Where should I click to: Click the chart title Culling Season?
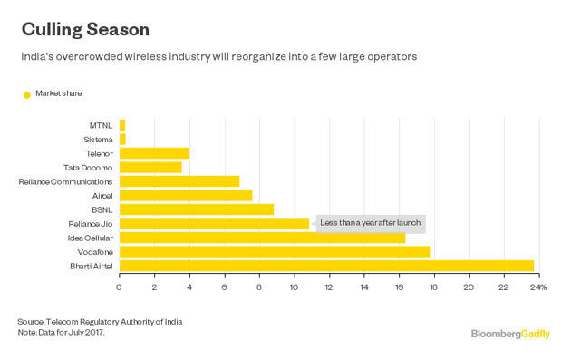click(x=85, y=30)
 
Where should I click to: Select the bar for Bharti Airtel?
click(x=326, y=266)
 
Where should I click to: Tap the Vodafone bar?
click(x=275, y=252)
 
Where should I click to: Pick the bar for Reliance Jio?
click(x=214, y=223)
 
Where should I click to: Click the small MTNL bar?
click(x=122, y=125)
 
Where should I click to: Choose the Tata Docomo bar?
click(x=150, y=167)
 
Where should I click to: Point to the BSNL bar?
click(x=197, y=209)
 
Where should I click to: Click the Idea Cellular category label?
click(x=91, y=238)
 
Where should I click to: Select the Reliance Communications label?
click(x=65, y=181)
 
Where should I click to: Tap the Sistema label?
click(x=98, y=140)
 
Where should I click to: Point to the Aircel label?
click(x=102, y=196)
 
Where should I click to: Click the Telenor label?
click(x=100, y=153)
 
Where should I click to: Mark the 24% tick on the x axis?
click(x=538, y=287)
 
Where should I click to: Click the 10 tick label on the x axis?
click(x=294, y=287)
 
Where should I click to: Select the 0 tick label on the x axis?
click(x=119, y=287)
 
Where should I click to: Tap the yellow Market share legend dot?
click(x=27, y=95)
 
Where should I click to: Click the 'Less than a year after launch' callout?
click(x=371, y=223)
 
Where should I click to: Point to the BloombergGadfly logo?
click(x=510, y=334)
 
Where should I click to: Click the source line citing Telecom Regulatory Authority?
click(x=100, y=322)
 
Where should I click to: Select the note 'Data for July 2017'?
click(x=62, y=332)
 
